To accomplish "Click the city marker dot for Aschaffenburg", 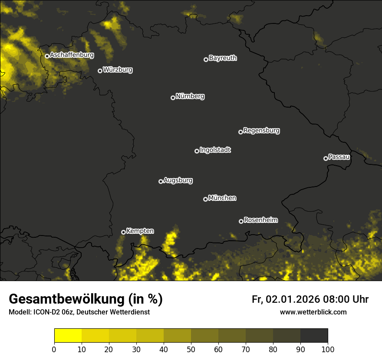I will point(47,56).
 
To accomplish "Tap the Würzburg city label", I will point(118,70).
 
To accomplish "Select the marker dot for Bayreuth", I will point(206,59).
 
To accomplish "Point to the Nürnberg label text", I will point(190,96).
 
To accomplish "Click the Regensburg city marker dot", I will point(240,132).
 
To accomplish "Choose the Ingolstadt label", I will point(215,150).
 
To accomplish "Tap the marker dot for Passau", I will point(326,158).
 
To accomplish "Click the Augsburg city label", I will point(178,180).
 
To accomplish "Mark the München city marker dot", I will point(205,199).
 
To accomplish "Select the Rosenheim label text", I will point(260,220).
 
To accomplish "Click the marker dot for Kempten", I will point(123,232).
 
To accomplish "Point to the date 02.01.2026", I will point(293,299).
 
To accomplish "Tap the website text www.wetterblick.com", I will point(313,312).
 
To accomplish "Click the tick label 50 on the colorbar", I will point(191,349).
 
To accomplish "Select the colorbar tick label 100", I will point(328,349).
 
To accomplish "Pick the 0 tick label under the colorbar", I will point(54,349).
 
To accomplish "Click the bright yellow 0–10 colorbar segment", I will point(68,336).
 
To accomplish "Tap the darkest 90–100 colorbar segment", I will point(314,336).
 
